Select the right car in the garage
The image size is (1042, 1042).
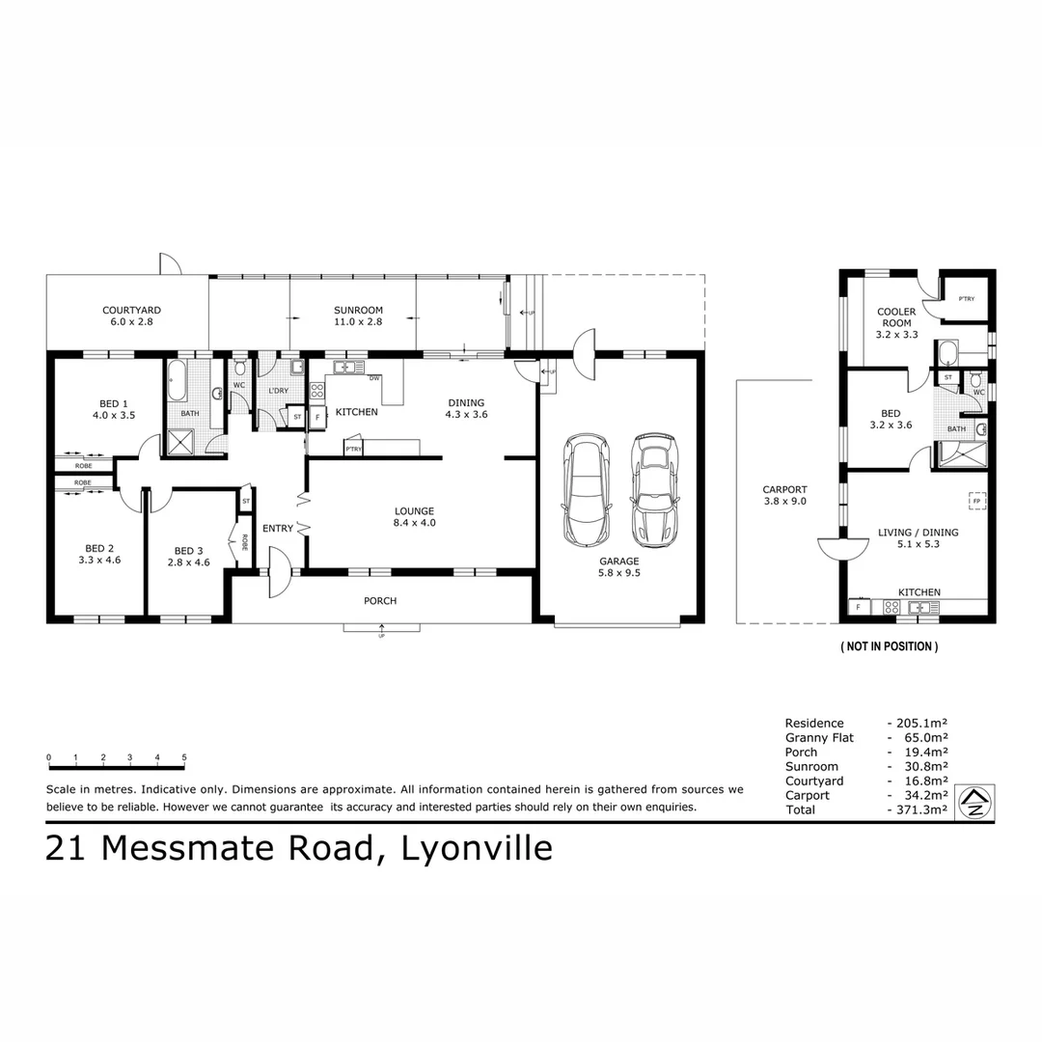coord(654,489)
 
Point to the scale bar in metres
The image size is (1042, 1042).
coord(116,766)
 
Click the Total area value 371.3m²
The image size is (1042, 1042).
coord(917,809)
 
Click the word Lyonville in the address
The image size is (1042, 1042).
coord(477,848)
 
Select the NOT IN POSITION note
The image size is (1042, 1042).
coord(889,646)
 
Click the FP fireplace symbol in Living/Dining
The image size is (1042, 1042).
coord(975,501)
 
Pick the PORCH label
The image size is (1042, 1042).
coord(380,601)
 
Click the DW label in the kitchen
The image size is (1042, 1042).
coord(373,378)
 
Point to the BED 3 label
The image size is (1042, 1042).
coord(188,554)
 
